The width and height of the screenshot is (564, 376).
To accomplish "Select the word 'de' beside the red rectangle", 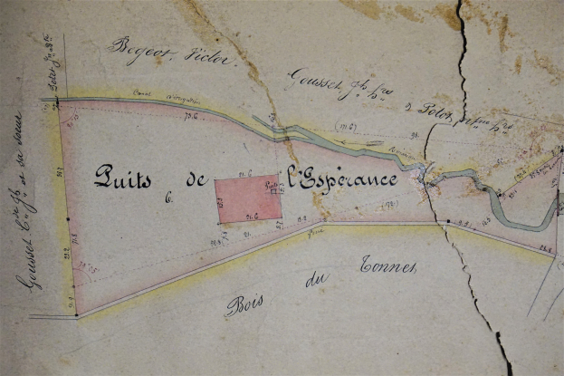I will (x=194, y=180).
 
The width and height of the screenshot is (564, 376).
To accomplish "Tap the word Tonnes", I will (x=388, y=265).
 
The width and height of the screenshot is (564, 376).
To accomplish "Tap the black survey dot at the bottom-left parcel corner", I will (x=76, y=315).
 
